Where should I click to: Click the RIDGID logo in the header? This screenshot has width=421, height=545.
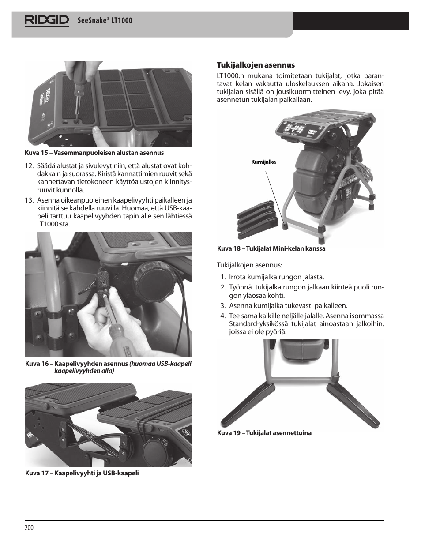[x=47, y=21]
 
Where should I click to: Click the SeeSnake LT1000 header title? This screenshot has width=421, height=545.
[x=105, y=21]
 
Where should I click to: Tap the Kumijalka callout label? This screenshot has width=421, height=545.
[x=263, y=162]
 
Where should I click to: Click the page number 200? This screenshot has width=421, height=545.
[x=29, y=528]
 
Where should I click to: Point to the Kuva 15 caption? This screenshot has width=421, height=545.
[x=94, y=153]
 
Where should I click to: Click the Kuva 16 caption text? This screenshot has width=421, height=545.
[x=109, y=367]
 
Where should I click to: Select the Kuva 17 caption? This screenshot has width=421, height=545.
[x=82, y=473]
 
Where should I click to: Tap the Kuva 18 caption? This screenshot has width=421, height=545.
[x=271, y=248]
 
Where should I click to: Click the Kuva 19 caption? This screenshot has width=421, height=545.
[x=264, y=433]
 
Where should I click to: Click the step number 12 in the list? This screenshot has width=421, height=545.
[x=29, y=166]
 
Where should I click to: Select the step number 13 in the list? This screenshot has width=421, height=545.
[x=29, y=200]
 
